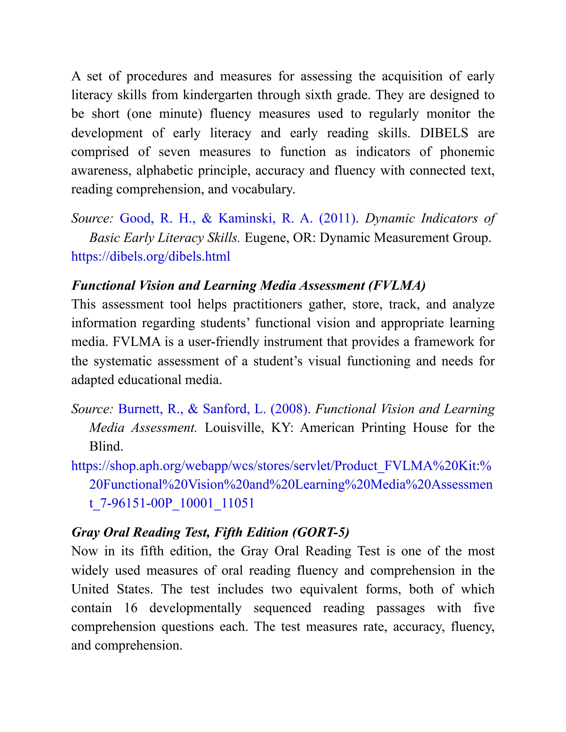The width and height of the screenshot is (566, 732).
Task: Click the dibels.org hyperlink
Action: point(151,257)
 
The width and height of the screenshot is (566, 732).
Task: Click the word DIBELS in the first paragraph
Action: point(444,133)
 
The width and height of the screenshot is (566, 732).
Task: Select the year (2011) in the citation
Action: point(337,218)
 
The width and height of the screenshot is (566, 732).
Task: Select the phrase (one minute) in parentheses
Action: point(164,114)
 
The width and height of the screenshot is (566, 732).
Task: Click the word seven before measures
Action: point(174,152)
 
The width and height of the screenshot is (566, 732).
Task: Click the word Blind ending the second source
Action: point(106,447)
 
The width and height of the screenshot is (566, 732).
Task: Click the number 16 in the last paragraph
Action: point(131,608)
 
